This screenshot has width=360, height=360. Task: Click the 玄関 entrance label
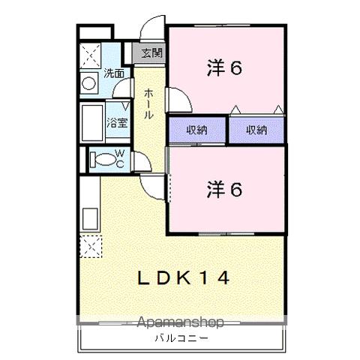[x=150, y=53]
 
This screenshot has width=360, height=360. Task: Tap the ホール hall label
[x=149, y=103]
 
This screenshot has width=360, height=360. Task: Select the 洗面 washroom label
[x=114, y=74]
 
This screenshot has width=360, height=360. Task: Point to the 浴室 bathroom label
[x=116, y=123]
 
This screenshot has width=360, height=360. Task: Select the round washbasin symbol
[x=89, y=83]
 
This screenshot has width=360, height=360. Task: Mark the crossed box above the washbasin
[x=90, y=55]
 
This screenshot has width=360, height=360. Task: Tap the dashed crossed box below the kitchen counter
[x=88, y=245]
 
